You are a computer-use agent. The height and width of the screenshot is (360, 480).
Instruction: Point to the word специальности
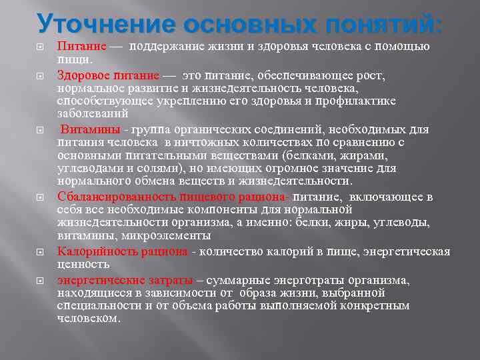tap(97, 305)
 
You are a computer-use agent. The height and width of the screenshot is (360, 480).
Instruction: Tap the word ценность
tap(79, 263)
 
